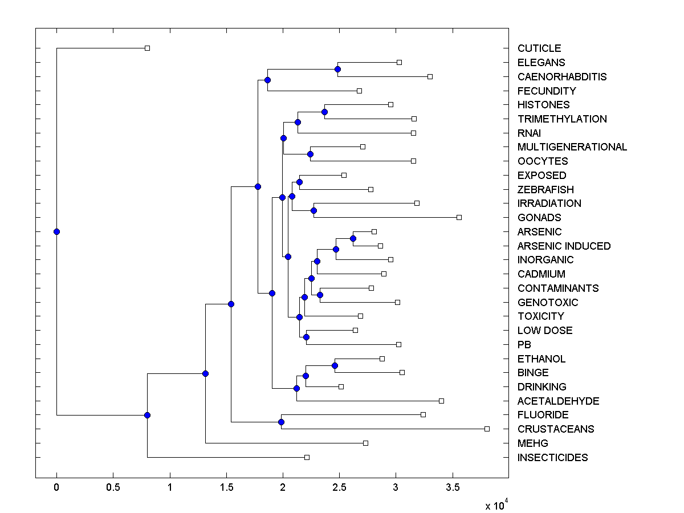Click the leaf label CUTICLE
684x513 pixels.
(x=539, y=48)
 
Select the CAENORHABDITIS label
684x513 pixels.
(x=562, y=76)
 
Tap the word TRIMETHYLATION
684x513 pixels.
(x=562, y=119)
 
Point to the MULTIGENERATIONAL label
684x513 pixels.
(x=572, y=147)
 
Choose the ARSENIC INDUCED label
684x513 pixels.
(x=564, y=246)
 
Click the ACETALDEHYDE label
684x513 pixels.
(x=558, y=401)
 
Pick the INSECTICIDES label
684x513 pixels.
(x=552, y=458)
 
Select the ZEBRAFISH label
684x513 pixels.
(x=545, y=190)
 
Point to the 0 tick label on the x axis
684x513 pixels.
(x=56, y=488)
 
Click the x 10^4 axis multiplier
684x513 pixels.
(x=496, y=505)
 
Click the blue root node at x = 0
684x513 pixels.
(x=56, y=231)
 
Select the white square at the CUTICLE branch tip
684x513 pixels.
(x=147, y=48)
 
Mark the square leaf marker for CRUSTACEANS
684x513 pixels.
(x=487, y=429)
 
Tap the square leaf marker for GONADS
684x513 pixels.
(x=459, y=217)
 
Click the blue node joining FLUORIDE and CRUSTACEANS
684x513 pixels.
(x=281, y=422)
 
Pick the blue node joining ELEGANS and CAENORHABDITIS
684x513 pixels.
(x=337, y=69)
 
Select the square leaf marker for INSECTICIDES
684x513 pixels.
(x=307, y=457)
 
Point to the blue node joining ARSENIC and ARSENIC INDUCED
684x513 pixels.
(x=353, y=238)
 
